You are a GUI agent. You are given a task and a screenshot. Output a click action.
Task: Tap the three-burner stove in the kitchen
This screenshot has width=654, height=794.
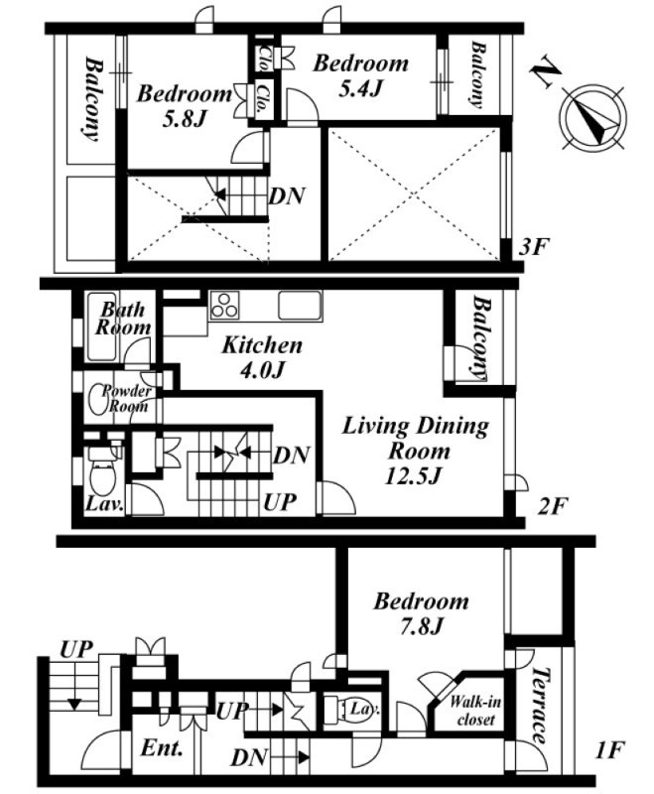pos(224,306)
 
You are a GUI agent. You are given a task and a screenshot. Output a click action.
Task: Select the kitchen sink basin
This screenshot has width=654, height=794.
pos(300,306)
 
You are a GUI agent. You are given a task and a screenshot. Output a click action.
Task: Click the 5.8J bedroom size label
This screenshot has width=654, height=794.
pos(184,119)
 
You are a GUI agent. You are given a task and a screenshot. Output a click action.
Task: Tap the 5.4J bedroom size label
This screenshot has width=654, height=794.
pos(360,88)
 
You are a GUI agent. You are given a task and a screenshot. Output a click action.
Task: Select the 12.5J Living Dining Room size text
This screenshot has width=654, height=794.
pos(414,475)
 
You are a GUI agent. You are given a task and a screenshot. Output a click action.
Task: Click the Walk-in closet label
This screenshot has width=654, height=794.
pos(474,711)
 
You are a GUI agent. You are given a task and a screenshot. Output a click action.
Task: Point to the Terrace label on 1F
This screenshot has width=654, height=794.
pos(541,706)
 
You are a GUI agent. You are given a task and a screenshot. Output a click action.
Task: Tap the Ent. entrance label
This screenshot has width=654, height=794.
pos(162,748)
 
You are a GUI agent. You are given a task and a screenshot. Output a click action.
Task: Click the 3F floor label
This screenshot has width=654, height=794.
pos(535,247)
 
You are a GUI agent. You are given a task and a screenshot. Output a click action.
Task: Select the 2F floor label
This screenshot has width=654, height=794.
pos(553,506)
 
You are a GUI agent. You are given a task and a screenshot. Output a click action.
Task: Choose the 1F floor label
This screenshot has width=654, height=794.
pos(609,750)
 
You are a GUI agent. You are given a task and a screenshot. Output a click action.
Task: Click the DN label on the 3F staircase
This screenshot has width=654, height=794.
pos(287,196)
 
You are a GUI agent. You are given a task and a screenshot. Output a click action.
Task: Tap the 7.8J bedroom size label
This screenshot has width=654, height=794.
pos(422,627)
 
